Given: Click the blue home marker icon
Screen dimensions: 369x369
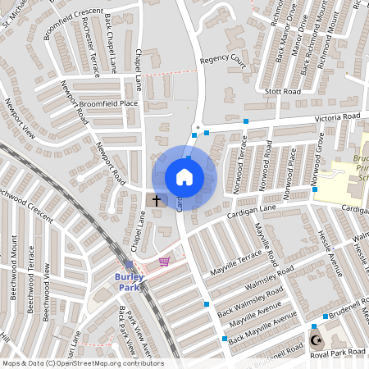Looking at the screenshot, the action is pos(184,177).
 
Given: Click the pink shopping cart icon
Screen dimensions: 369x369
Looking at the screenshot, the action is pos(164,262).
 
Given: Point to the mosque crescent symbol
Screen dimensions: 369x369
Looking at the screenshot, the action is pos(317,339).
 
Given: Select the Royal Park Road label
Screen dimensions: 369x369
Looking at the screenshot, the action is pos(339,352).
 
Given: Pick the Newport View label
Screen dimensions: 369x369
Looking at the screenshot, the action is pos(20,123).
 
